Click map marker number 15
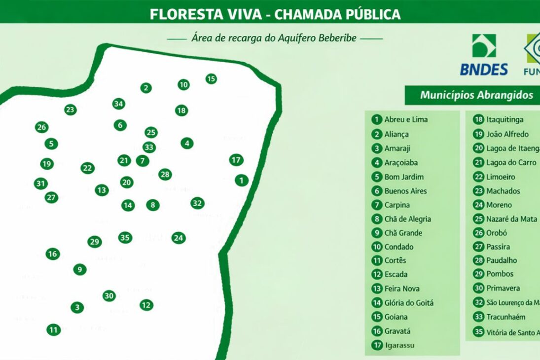[211, 78]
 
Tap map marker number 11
[54, 330]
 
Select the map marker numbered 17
[236, 160]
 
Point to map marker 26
[42, 127]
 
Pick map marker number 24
[179, 238]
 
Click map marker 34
[118, 104]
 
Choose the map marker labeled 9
[80, 270]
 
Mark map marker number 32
[197, 203]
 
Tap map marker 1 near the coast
[241, 180]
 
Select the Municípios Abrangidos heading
[476, 95]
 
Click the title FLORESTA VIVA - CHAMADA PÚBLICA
[275, 14]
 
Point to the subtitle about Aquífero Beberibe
[274, 38]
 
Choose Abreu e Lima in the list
[405, 119]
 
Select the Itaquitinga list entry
[504, 119]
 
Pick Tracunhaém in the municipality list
[505, 317]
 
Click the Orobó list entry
[496, 233]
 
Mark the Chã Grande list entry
[403, 233]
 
